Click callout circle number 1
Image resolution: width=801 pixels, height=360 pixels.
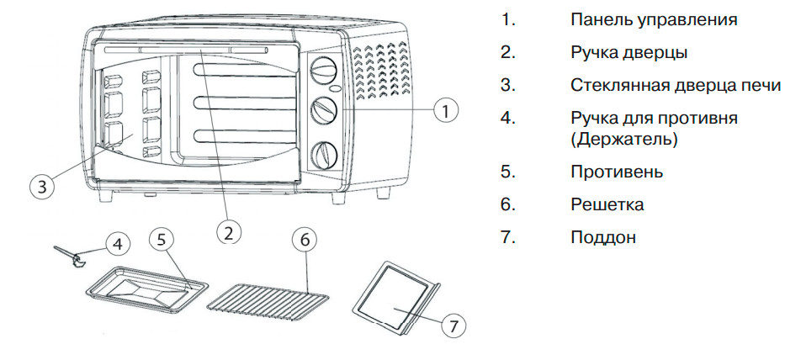pyautogui.click(x=447, y=109)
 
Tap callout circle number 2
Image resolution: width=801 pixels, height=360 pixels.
pyautogui.click(x=228, y=230)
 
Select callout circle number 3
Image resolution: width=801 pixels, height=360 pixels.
pyautogui.click(x=42, y=186)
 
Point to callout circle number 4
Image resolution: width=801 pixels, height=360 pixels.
pyautogui.click(x=119, y=243)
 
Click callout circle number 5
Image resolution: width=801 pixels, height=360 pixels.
pyautogui.click(x=162, y=238)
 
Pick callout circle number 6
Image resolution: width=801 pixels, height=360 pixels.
pyautogui.click(x=305, y=239)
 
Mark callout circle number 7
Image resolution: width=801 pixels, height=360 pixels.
pyautogui.click(x=452, y=324)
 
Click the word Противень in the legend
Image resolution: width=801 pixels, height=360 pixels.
pyautogui.click(x=616, y=172)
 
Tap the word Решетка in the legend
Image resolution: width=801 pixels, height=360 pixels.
pyautogui.click(x=607, y=204)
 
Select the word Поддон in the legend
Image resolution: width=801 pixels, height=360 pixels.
pyautogui.click(x=602, y=237)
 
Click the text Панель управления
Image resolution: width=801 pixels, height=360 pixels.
pyautogui.click(x=653, y=19)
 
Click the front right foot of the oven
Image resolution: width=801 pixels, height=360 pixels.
pyautogui.click(x=383, y=193)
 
